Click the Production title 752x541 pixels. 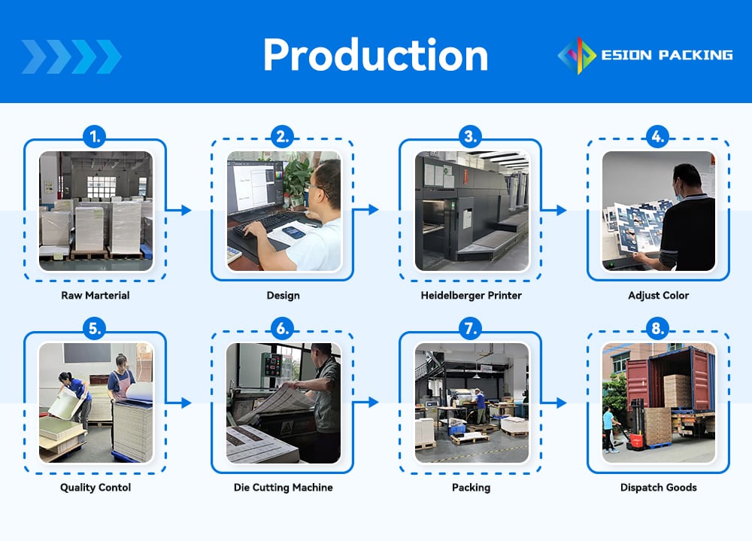[375, 55]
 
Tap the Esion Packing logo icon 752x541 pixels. [577, 56]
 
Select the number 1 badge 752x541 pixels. [95, 137]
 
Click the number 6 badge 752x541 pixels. [283, 329]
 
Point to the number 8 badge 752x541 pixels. [657, 329]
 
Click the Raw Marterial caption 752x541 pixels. [96, 295]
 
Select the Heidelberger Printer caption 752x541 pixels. [471, 295]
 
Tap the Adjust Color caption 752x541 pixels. [659, 295]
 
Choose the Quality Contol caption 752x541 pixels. [96, 488]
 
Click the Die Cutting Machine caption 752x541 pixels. [283, 488]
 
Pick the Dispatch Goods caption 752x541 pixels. [659, 488]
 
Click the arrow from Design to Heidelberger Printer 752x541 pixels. [366, 209]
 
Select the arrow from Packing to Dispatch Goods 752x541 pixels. [554, 403]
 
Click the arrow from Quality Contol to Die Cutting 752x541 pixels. [178, 403]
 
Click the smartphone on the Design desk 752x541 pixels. [293, 233]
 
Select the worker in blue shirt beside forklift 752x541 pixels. [609, 430]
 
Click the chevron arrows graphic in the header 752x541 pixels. [71, 56]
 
